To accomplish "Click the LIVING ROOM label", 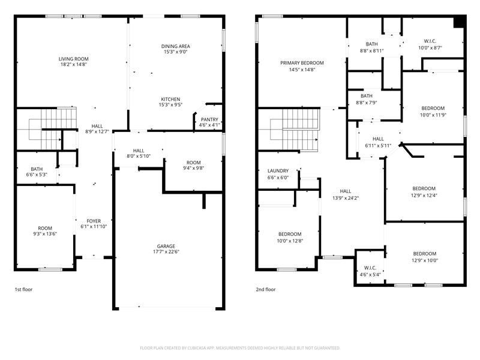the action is [x=73, y=59].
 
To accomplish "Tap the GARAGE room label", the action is [x=166, y=246].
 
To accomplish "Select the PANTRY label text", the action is [x=209, y=119].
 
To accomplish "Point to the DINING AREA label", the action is [x=175, y=46].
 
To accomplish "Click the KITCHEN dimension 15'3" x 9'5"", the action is [x=170, y=104].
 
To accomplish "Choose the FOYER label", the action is [x=94, y=221].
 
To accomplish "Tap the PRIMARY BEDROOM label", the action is [x=302, y=63].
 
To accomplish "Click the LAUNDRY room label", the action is [x=278, y=171].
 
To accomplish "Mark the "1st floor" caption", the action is [x=23, y=289].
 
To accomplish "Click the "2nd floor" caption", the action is [x=266, y=289].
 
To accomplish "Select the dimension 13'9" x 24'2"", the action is [x=346, y=198].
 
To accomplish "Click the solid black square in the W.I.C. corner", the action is [x=459, y=22].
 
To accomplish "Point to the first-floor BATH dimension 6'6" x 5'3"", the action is [x=37, y=175].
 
